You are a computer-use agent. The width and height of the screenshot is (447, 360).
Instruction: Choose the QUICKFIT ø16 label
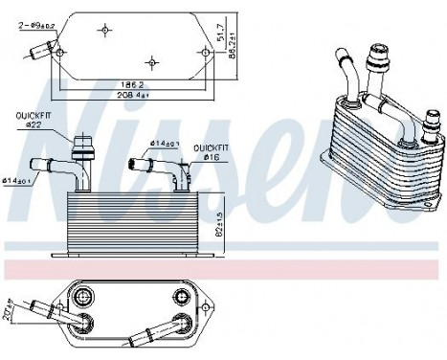(208, 153)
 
